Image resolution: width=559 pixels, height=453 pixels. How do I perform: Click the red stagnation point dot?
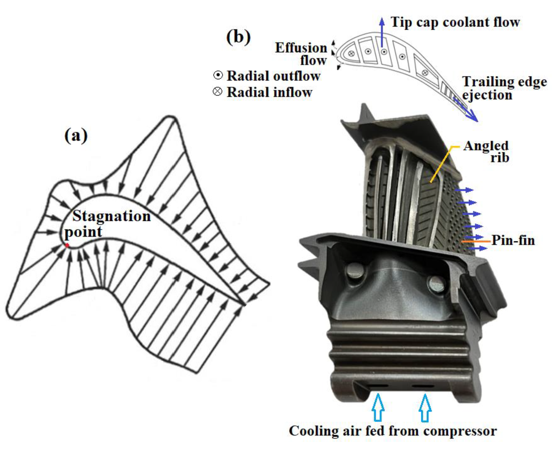coord(67,245)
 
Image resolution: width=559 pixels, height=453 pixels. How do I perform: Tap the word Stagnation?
coord(111,216)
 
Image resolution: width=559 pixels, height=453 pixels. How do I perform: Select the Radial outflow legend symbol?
coord(218,75)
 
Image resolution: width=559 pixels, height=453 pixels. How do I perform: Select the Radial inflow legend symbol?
coord(218,92)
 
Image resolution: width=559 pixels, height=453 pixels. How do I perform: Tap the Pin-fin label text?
coord(513,240)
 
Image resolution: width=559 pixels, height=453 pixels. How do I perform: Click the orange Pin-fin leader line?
coord(476,241)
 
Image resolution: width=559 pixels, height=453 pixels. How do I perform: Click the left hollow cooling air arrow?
coord(378,407)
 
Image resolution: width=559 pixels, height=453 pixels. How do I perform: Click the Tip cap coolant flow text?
coord(455,22)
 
